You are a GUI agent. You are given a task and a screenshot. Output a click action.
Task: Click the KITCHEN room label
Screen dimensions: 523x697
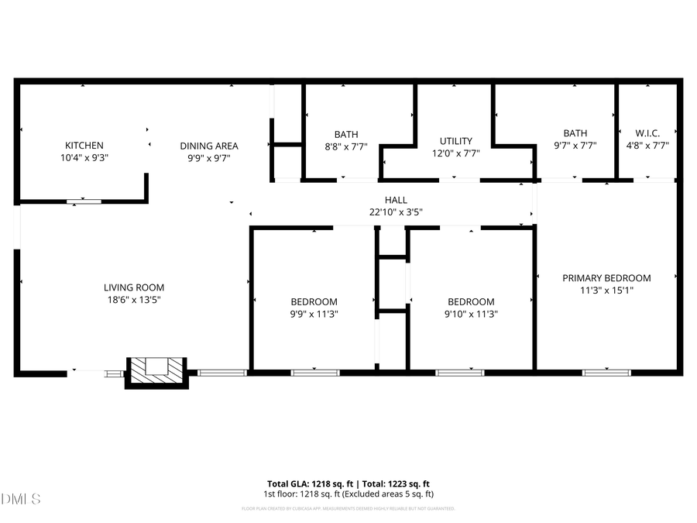(x=84, y=146)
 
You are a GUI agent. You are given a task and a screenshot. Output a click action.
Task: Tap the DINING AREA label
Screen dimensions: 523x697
(x=209, y=146)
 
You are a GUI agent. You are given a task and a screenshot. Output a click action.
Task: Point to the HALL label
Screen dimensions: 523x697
(x=396, y=200)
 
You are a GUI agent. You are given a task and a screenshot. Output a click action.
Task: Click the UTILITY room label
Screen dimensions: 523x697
(x=455, y=141)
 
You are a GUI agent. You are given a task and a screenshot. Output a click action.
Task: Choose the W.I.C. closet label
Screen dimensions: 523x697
(x=647, y=133)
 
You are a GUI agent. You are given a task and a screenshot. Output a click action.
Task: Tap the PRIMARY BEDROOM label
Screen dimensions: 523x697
(x=606, y=278)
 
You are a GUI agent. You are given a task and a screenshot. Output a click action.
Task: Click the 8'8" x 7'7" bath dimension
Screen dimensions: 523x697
(x=346, y=146)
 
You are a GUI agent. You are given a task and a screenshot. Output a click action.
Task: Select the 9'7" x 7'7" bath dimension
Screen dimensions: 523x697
(x=575, y=145)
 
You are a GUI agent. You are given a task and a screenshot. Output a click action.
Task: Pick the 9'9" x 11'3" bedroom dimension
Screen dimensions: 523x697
(x=314, y=314)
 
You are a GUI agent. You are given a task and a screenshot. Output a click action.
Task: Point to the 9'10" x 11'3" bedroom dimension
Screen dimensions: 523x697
(x=471, y=314)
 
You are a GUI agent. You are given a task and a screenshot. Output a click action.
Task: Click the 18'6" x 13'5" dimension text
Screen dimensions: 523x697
(x=135, y=299)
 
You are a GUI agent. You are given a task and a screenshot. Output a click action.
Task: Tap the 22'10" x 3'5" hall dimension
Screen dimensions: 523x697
(x=396, y=212)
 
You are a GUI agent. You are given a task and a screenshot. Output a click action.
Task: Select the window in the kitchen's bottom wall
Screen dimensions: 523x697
(x=83, y=201)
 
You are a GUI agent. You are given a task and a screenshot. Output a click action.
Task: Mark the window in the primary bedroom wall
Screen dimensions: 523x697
(x=606, y=373)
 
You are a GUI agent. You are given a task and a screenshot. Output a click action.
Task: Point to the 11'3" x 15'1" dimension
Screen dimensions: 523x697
(x=606, y=291)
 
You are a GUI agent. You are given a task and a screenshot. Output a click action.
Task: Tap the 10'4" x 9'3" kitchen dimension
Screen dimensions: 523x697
(x=84, y=157)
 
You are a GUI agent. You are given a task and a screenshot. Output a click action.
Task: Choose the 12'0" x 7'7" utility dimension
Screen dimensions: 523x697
(x=455, y=153)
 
